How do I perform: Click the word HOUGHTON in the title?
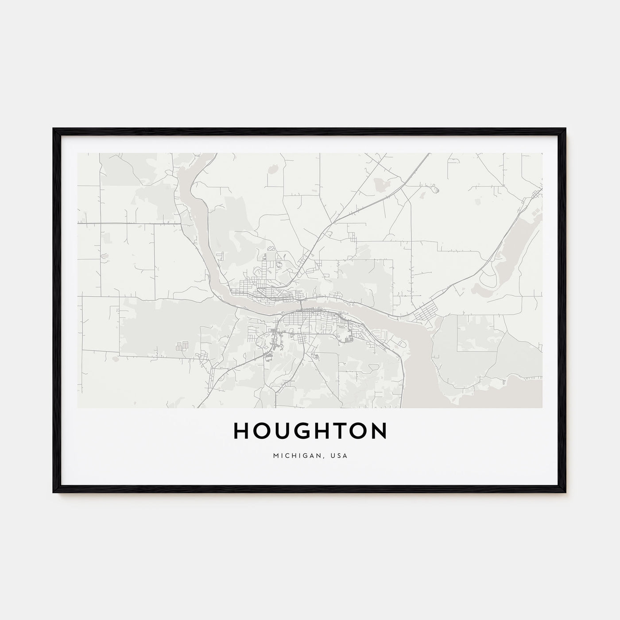(310, 431)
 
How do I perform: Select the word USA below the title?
(340, 455)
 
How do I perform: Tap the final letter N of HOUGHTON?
(379, 431)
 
